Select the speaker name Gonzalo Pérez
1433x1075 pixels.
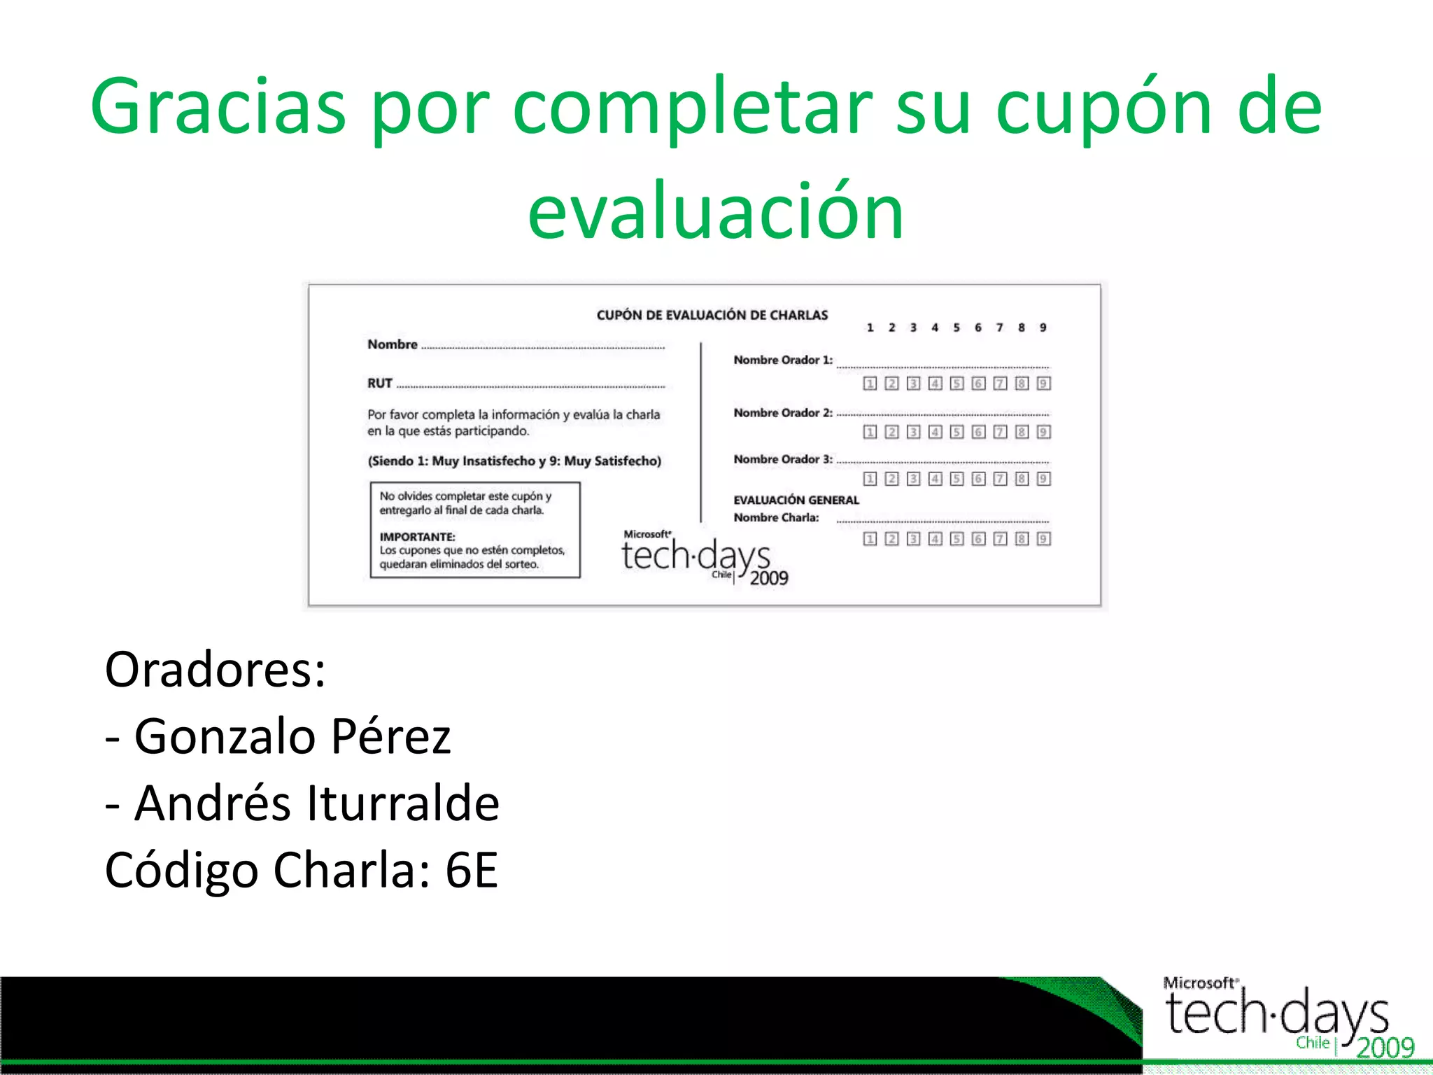[292, 736]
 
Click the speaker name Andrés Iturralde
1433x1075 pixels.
[317, 803]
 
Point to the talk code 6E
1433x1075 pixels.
[472, 870]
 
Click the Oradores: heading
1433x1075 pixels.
[215, 670]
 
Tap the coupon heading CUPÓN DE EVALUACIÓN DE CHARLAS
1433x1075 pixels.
[712, 315]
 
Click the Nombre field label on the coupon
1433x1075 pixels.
[392, 344]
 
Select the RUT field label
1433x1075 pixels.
[379, 384]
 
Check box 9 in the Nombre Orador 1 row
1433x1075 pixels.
[1043, 384]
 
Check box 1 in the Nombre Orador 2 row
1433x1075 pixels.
[870, 432]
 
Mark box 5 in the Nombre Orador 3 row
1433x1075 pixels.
[956, 479]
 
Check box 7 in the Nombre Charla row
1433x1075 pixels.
[1000, 538]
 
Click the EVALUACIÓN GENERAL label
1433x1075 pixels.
[796, 500]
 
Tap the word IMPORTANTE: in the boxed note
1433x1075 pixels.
[417, 537]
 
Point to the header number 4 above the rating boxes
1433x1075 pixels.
[935, 328]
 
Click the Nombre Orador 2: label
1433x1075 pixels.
[782, 413]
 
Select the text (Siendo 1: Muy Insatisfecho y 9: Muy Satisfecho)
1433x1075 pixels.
[514, 461]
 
